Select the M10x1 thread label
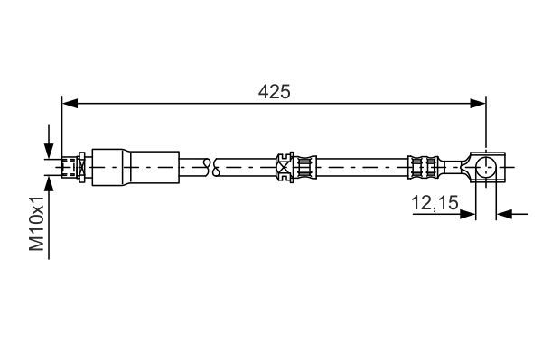click(37, 223)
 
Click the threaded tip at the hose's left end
click(67, 166)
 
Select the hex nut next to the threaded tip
click(83, 166)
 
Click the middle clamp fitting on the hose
click(294, 166)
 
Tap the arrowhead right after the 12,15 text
click(468, 215)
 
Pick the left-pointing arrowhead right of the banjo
click(504, 215)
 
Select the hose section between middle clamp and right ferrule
click(361, 166)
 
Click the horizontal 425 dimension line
click(181, 105)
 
